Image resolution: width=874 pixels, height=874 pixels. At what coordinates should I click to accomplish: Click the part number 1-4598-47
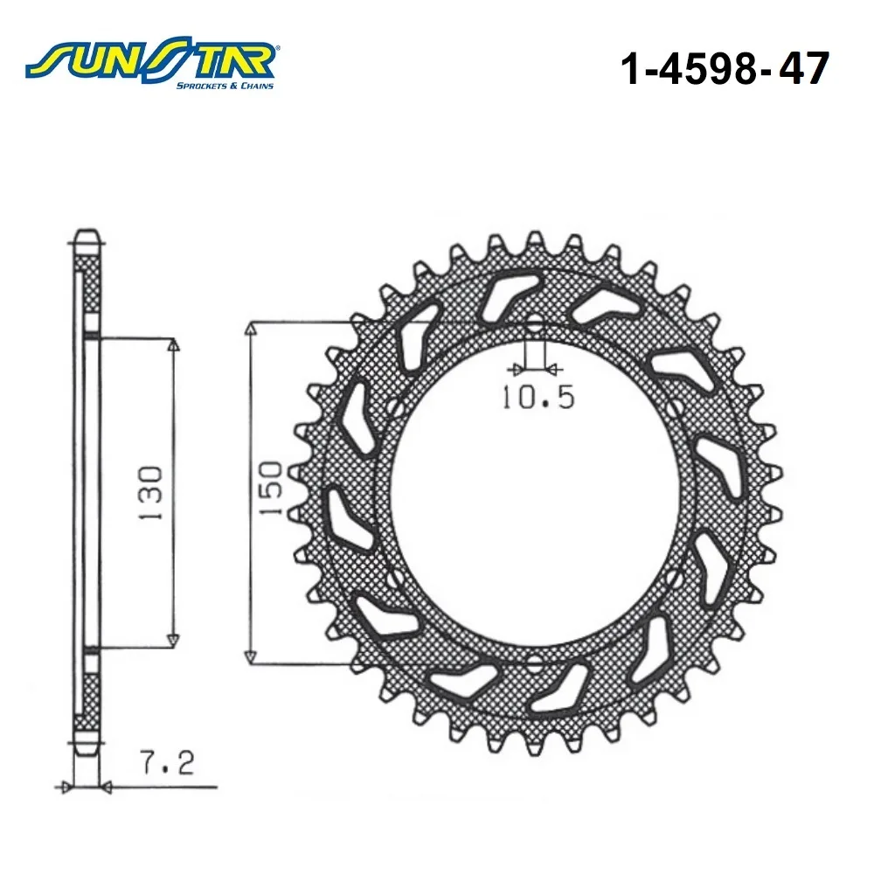pos(725,69)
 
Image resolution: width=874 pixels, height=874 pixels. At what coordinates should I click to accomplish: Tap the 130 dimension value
pos(150,493)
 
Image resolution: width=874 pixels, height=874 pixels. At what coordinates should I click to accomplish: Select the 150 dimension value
pos(272,488)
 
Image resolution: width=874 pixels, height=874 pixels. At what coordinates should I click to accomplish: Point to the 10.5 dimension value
pos(538,398)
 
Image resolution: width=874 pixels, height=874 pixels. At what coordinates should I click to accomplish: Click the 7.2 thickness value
pos(167,762)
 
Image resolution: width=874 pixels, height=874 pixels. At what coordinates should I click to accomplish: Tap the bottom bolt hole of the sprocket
pos(535,664)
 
